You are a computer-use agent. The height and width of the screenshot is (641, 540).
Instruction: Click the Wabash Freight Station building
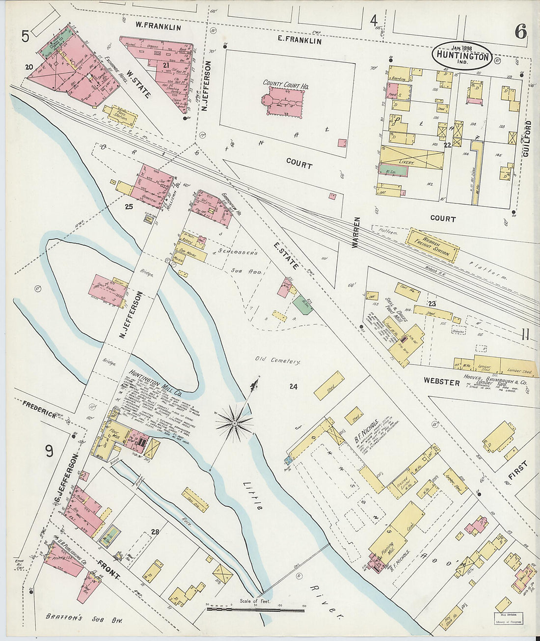pyautogui.click(x=432, y=244)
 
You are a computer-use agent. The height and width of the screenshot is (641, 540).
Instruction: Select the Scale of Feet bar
pyautogui.click(x=255, y=609)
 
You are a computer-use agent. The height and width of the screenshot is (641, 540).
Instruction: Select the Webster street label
pyautogui.click(x=442, y=381)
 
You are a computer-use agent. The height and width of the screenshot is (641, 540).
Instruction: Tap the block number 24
pyautogui.click(x=294, y=387)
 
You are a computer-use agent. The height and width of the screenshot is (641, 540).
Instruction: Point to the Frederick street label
pyautogui.click(x=39, y=408)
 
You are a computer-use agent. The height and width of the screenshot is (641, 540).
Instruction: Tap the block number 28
pyautogui.click(x=156, y=531)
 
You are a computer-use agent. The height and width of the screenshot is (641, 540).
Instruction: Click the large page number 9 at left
pyautogui.click(x=49, y=450)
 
